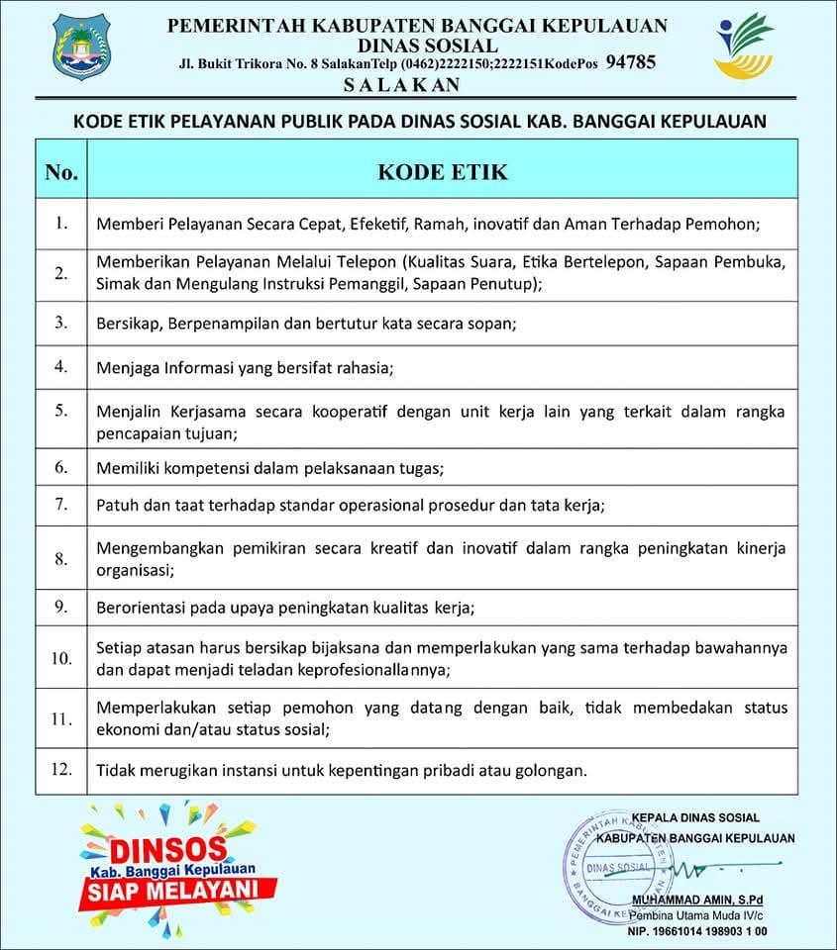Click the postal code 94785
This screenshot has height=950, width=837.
point(630,62)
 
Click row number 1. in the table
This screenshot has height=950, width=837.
point(61,224)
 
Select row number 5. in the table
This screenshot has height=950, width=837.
point(61,411)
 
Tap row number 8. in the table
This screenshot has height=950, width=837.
point(61,559)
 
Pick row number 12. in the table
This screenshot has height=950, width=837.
point(61,769)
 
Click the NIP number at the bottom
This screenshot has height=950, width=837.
point(697,931)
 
